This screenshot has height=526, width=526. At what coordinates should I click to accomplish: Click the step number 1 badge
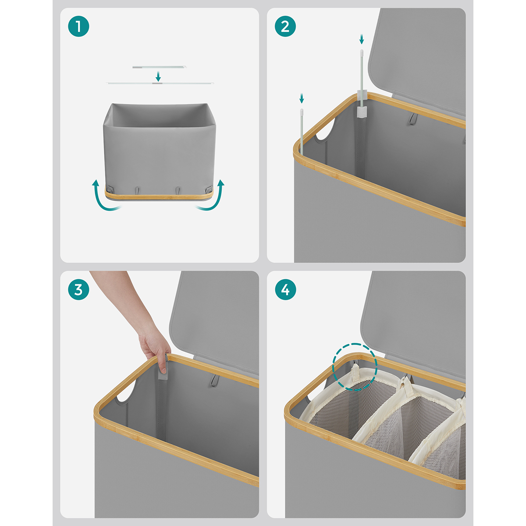tap(78, 26)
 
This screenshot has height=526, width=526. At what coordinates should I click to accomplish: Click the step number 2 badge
tap(285, 26)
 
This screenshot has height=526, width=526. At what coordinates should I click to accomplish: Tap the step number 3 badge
tap(78, 290)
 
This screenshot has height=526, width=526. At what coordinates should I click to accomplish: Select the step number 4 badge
tap(285, 290)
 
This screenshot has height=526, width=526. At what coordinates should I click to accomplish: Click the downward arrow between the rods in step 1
tap(158, 76)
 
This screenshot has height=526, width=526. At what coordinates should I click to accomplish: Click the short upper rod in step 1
tap(160, 67)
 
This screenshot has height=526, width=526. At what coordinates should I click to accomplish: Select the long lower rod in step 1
tap(160, 83)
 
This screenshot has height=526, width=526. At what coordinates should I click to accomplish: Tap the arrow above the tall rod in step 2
tap(362, 39)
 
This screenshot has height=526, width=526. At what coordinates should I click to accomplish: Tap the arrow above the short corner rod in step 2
tap(302, 99)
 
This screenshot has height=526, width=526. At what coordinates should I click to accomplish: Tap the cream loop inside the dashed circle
tap(355, 373)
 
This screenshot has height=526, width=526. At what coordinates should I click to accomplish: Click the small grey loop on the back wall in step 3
tap(214, 380)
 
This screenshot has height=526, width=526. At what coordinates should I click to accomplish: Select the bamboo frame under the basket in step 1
tap(160, 194)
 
